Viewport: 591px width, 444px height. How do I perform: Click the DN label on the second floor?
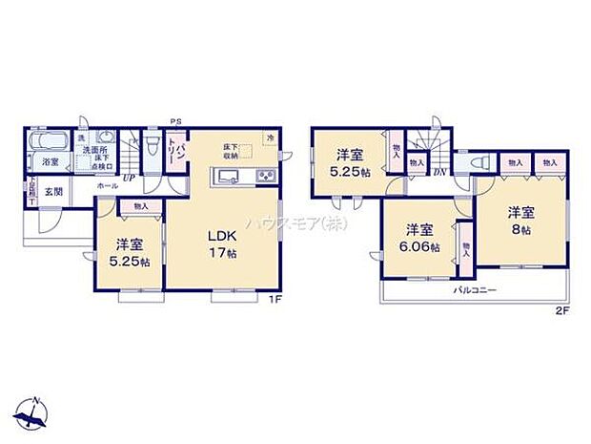click(440, 171)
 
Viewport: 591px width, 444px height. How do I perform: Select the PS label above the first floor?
click(175, 121)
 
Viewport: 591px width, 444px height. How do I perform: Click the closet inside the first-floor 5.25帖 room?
click(141, 205)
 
